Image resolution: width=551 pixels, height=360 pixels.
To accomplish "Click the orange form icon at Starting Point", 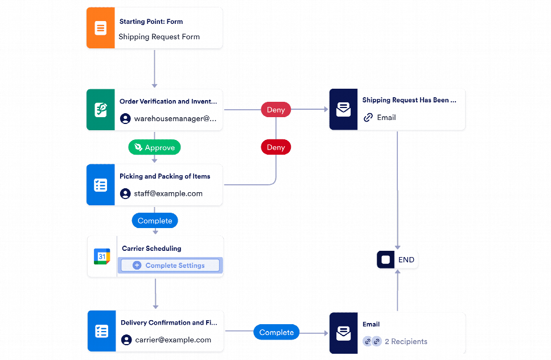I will pyautogui.click(x=100, y=28).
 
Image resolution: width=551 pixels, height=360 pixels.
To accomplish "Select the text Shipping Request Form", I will pyautogui.click(x=159, y=37).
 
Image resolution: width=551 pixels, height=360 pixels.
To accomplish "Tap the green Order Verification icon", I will pyautogui.click(x=100, y=110).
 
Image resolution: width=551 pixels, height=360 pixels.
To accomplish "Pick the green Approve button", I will pyautogui.click(x=154, y=148).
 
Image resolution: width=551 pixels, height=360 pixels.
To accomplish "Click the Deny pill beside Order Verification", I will pyautogui.click(x=275, y=109).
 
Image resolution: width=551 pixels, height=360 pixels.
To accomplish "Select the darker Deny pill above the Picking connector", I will pyautogui.click(x=275, y=147).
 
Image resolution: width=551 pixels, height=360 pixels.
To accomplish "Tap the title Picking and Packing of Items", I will pyautogui.click(x=165, y=176).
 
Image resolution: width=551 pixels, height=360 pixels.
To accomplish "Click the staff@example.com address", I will pyautogui.click(x=168, y=193).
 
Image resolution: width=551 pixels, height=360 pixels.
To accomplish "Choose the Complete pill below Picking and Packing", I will pyautogui.click(x=155, y=221).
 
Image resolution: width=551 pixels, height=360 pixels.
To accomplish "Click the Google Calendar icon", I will pyautogui.click(x=101, y=256).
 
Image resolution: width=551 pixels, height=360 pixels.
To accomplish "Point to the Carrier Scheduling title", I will pyautogui.click(x=151, y=249).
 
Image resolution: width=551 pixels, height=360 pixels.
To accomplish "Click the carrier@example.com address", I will pyautogui.click(x=173, y=340).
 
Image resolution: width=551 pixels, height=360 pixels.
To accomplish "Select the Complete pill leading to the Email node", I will pyautogui.click(x=277, y=333).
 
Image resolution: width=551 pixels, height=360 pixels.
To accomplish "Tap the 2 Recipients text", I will pyautogui.click(x=406, y=342).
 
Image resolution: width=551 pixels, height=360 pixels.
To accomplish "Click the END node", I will pyautogui.click(x=397, y=260).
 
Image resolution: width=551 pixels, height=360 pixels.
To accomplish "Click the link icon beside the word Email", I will pyautogui.click(x=368, y=118).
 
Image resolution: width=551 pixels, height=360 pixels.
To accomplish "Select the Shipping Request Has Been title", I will pyautogui.click(x=409, y=100).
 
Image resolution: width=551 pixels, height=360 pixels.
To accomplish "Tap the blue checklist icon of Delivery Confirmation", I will pyautogui.click(x=101, y=332).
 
